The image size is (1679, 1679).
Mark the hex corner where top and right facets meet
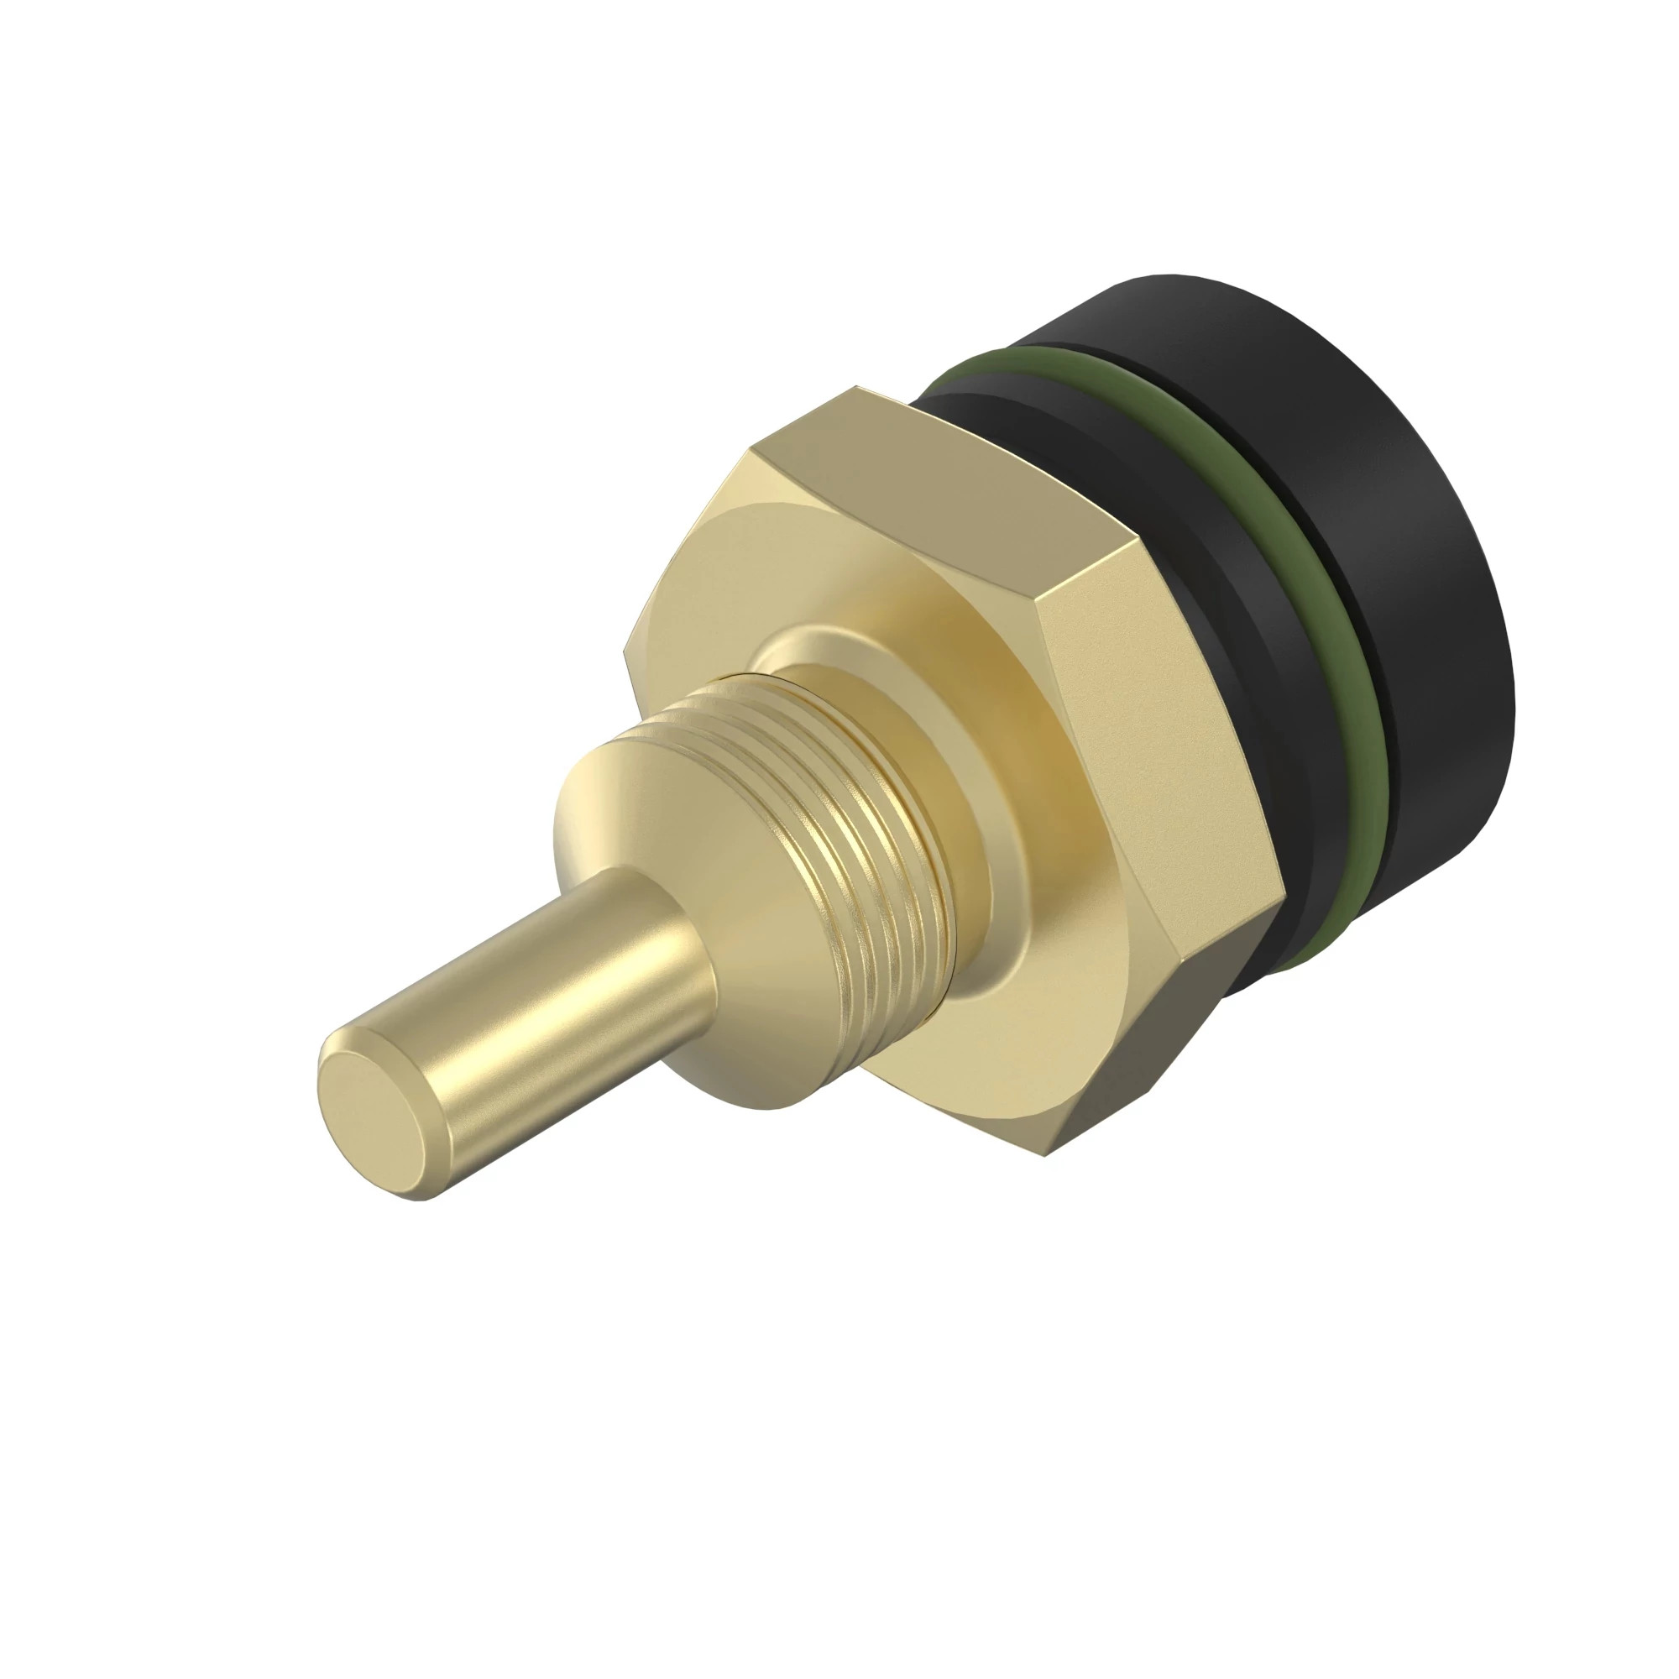tap(1038, 599)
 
